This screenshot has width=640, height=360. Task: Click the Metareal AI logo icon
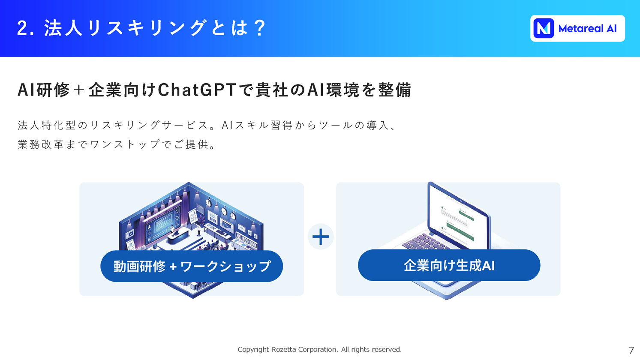[x=544, y=28]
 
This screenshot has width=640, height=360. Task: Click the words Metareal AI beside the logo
[x=587, y=29]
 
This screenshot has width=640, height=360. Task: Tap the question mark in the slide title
[x=260, y=28]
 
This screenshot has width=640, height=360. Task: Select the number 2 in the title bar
[x=22, y=28]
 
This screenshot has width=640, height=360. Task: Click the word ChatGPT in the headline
[x=197, y=90]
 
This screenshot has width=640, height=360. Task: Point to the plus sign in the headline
[x=78, y=90]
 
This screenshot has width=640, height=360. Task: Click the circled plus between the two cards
[x=321, y=237]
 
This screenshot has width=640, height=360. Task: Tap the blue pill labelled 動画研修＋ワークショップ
[x=192, y=266]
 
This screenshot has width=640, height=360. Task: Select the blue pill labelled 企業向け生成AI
[x=449, y=265]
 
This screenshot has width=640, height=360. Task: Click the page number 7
[x=631, y=350]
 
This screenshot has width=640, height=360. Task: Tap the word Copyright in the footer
[x=253, y=350]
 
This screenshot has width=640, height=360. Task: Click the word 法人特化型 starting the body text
[x=46, y=125]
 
